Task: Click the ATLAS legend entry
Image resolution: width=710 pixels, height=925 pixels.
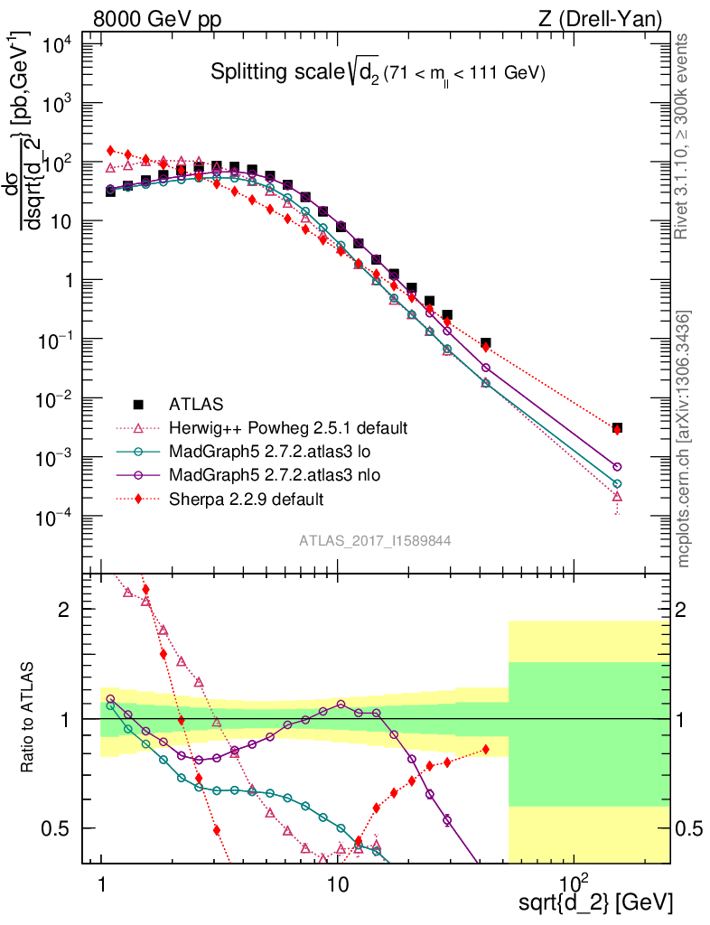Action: (196, 404)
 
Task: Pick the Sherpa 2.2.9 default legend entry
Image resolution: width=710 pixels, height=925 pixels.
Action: (247, 498)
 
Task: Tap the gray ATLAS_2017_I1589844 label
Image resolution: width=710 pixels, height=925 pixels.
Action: (376, 541)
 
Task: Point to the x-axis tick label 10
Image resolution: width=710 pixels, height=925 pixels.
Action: (337, 880)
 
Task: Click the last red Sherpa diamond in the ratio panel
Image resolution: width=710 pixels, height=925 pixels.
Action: (486, 750)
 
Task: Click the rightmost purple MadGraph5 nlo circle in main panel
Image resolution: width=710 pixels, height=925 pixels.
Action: (617, 467)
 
